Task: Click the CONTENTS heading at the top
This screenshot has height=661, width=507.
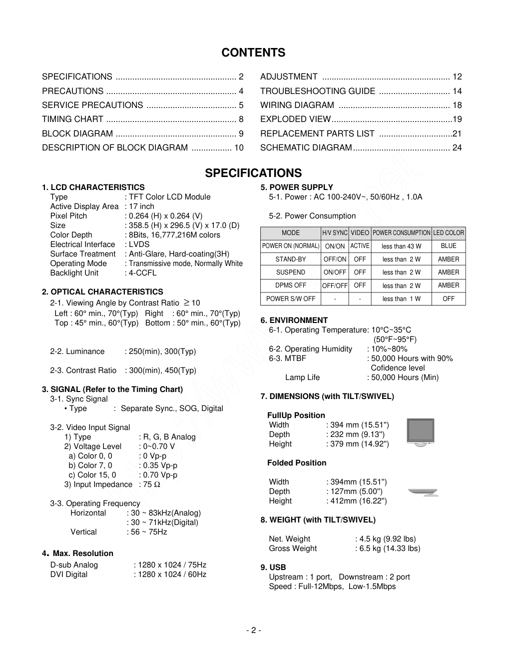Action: coord(253,52)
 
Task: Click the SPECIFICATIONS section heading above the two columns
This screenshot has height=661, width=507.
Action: coord(253,173)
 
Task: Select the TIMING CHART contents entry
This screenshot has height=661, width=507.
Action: coord(72,119)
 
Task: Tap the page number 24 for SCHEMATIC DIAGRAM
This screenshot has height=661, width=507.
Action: coord(457,147)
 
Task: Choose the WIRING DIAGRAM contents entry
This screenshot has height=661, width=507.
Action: coord(297,105)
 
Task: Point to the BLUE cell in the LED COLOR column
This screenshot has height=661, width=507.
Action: coord(449,246)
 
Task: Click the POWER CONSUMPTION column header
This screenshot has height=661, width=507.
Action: coord(401,233)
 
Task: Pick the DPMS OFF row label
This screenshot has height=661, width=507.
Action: coord(291,285)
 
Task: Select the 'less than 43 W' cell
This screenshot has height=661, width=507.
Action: coord(401,246)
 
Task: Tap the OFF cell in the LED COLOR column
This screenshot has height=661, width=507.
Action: coord(449,298)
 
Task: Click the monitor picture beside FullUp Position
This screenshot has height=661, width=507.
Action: coord(420,432)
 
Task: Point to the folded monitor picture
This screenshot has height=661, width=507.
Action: coord(423,492)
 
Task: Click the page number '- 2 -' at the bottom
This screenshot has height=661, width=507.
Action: coord(253,630)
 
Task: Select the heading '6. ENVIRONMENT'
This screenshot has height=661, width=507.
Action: coord(294,320)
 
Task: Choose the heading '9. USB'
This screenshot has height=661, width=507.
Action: coord(273,567)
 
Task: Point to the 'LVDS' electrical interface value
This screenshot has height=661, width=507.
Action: coord(139,244)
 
